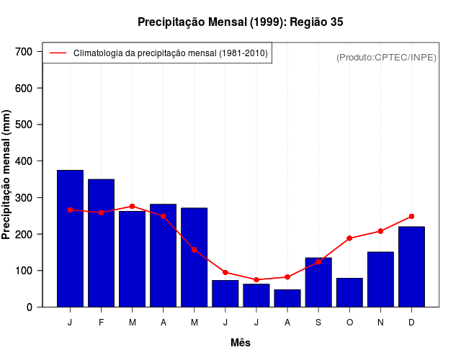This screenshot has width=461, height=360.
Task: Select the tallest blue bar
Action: coord(70,238)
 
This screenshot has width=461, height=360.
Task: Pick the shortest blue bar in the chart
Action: coord(287,298)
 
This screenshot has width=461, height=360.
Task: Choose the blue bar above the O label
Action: coord(349,292)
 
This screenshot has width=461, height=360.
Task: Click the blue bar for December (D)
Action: coord(411,266)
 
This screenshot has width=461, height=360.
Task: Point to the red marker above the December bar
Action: coord(411,216)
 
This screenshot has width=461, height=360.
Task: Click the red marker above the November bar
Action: coord(380,231)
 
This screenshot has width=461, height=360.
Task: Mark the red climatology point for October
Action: coord(349,238)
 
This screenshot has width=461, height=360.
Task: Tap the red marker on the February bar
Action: coord(101,212)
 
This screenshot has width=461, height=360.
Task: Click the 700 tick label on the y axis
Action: coord(24,52)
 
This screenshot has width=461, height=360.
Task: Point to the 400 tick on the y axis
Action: coord(24,161)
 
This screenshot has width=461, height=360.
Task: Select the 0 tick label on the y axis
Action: coord(29,307)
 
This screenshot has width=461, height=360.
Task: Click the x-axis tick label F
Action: coord(101,323)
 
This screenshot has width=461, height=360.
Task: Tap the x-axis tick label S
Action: coord(318,323)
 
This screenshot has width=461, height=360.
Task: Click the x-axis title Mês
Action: coord(241,343)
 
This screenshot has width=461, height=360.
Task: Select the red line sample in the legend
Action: coord(58,53)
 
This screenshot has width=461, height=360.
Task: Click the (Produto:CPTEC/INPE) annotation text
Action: coord(386,57)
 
